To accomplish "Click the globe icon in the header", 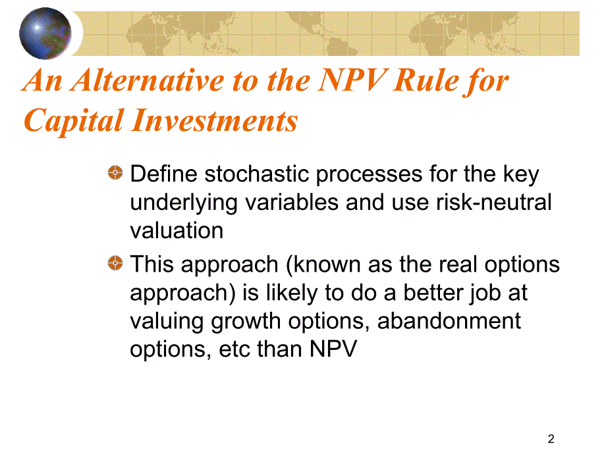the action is [x=45, y=34].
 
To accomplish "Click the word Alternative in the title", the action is [x=148, y=80].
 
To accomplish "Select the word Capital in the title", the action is [x=74, y=121].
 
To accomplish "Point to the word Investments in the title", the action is [x=215, y=120].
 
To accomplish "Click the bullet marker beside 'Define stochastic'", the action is [x=115, y=172].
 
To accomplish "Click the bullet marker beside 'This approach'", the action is [x=115, y=263].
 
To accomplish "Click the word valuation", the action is [x=177, y=230].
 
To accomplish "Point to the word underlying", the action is [x=184, y=203].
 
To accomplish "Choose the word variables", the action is [x=292, y=202].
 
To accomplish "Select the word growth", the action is [x=246, y=322].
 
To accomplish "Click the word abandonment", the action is [x=449, y=321].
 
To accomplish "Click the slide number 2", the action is [x=551, y=439].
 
